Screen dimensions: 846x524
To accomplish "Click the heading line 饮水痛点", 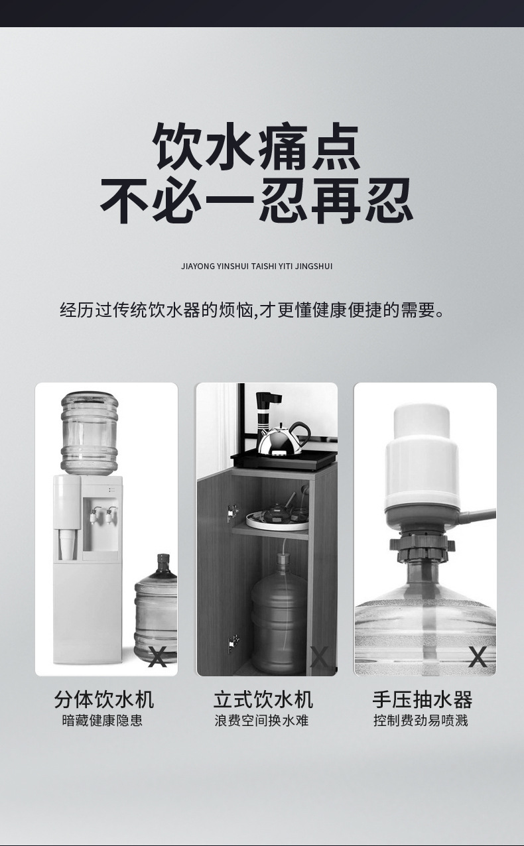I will tap(257, 147).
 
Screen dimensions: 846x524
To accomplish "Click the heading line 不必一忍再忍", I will tap(257, 200).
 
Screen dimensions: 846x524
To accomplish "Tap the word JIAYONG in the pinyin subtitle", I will tap(197, 266).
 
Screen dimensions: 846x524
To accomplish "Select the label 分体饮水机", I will tap(103, 699).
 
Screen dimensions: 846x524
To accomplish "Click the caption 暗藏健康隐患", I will tap(102, 721).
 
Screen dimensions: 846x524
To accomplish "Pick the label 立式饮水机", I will tap(263, 699).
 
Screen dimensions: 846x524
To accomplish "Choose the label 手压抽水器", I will tap(422, 699).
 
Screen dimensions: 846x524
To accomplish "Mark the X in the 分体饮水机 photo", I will tap(158, 656).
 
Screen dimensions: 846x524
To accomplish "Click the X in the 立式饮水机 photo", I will tap(319, 656).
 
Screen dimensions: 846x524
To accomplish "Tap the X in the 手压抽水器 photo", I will tap(478, 656).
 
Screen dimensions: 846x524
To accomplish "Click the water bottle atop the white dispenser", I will tap(90, 432).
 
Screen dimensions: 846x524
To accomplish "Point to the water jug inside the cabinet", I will tap(279, 613).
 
